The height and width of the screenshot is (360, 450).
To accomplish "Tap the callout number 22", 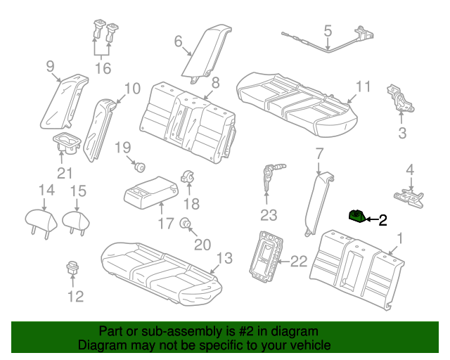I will [299, 262].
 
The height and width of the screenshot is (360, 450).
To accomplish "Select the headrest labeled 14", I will [44, 220].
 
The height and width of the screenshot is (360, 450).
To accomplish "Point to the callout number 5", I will [328, 30].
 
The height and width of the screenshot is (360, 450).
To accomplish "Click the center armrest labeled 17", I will [149, 191].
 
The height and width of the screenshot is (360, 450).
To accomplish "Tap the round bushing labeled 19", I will [139, 167].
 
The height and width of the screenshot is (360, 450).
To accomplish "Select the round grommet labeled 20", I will [186, 224].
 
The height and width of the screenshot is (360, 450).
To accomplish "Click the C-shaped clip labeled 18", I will [188, 176].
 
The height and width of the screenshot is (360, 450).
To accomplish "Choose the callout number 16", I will [103, 68].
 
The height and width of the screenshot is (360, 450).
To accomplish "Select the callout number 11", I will [362, 87].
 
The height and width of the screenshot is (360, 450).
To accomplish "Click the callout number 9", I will [50, 66].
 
